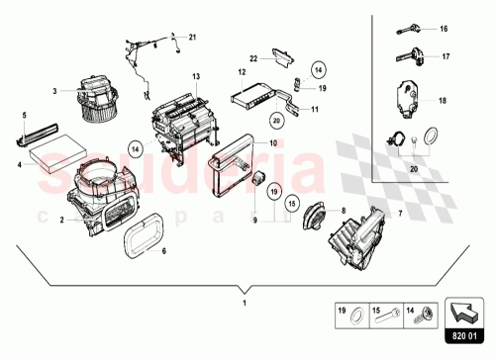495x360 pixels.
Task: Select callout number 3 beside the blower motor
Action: click(x=55, y=92)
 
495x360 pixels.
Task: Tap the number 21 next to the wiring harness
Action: click(x=193, y=38)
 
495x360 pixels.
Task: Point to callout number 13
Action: click(x=196, y=76)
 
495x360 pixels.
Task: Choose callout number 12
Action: click(x=242, y=72)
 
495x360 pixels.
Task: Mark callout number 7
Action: click(x=372, y=214)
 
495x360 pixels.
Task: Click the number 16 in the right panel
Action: click(x=444, y=29)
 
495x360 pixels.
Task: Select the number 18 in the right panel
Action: click(x=444, y=101)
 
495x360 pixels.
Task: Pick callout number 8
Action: click(x=342, y=211)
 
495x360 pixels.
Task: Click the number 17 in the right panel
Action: click(x=444, y=56)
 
